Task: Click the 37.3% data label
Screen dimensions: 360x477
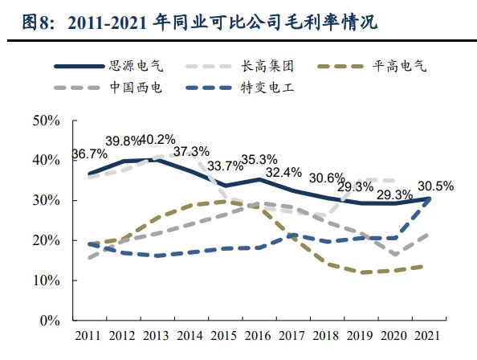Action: tap(190, 151)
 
